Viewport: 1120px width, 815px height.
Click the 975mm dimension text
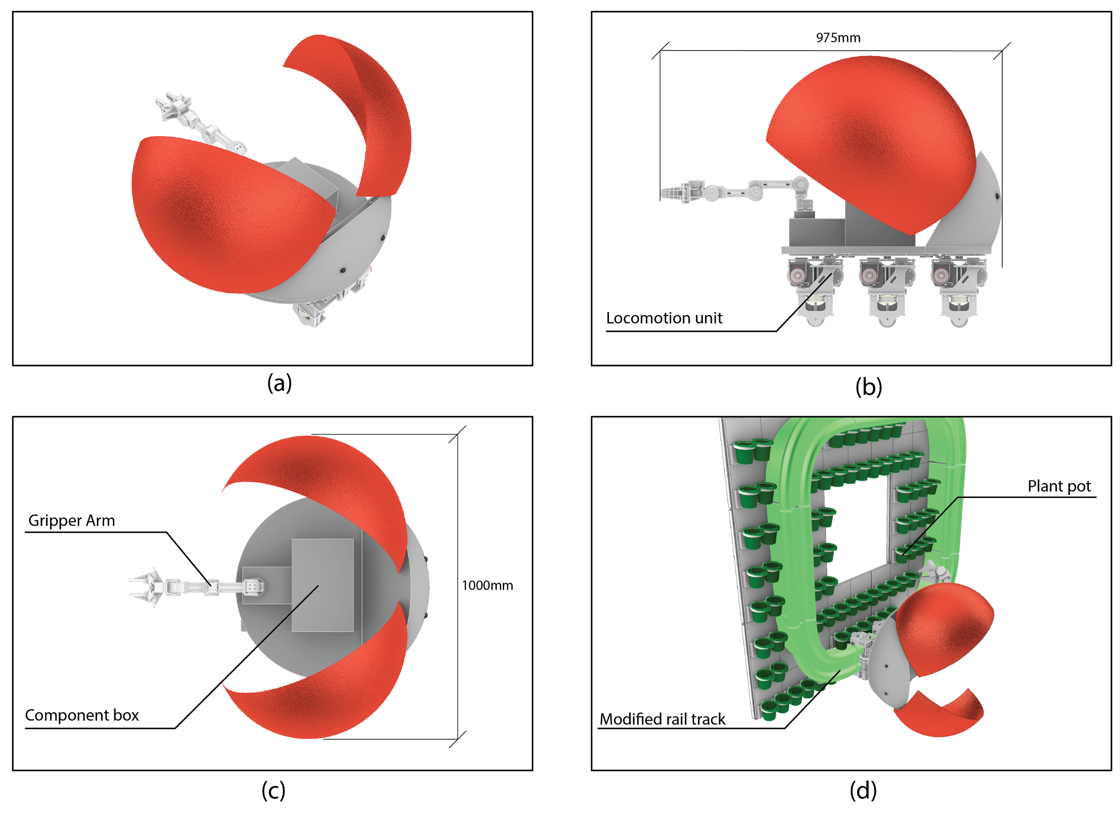[x=838, y=37]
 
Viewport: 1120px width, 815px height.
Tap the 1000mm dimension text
[x=487, y=586]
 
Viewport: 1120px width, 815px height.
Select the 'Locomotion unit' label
[x=664, y=318]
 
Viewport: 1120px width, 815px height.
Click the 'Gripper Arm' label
[x=72, y=521]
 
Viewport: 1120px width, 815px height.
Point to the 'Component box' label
[x=82, y=715]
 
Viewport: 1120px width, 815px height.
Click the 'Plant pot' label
[x=1059, y=486]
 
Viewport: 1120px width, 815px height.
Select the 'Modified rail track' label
[x=662, y=719]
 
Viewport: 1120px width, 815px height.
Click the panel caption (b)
[x=869, y=387]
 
